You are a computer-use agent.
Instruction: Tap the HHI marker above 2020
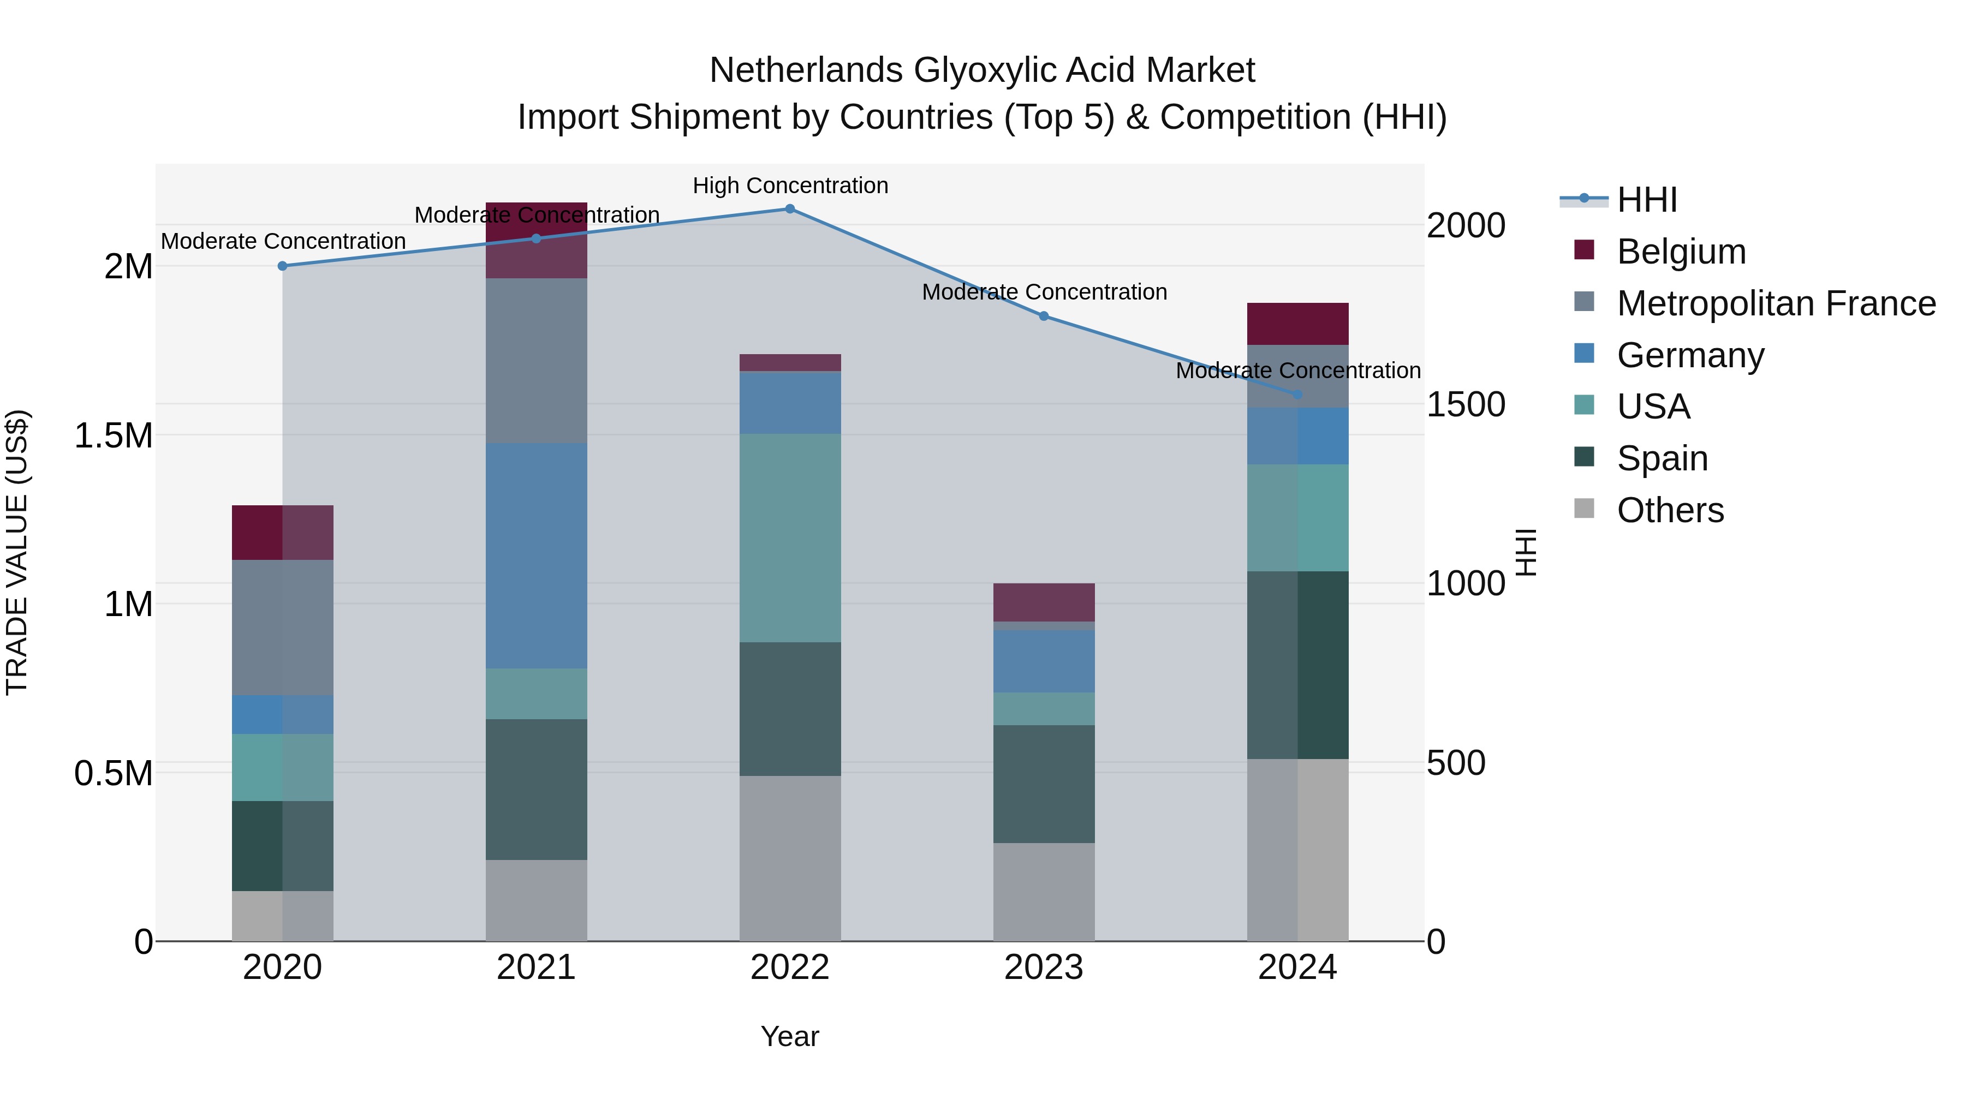tap(282, 266)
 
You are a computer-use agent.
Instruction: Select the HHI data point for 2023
tap(1044, 316)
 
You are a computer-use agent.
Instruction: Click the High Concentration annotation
tap(790, 186)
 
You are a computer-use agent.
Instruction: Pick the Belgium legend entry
tap(1681, 252)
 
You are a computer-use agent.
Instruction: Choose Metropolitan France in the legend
tap(1776, 303)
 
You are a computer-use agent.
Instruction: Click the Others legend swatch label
tap(1670, 510)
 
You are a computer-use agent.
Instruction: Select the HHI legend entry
tap(1646, 200)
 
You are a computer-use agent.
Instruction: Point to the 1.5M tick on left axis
tap(113, 435)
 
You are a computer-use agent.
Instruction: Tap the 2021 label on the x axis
tap(536, 967)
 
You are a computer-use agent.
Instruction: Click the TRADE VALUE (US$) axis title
tap(17, 552)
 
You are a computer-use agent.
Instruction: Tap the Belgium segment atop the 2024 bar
tap(1297, 324)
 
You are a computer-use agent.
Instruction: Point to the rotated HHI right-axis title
tap(1525, 552)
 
